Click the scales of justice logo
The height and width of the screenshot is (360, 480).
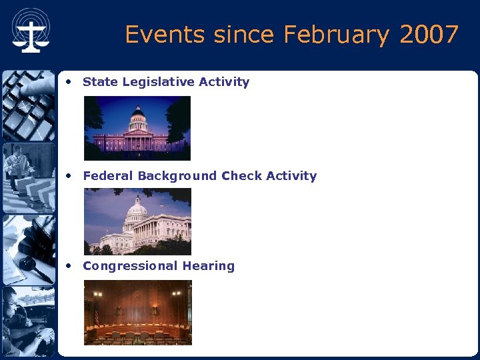tap(30, 31)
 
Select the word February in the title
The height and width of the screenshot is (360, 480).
tap(338, 34)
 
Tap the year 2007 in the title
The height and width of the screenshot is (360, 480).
tap(429, 34)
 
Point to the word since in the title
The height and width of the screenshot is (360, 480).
tap(237, 34)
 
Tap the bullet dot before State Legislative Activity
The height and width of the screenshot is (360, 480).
tap(69, 82)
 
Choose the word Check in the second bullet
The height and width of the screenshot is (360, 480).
tap(241, 176)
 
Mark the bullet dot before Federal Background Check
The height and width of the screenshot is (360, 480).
tap(69, 176)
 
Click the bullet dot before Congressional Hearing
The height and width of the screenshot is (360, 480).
tap(69, 266)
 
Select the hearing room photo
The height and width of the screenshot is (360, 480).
tap(137, 313)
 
